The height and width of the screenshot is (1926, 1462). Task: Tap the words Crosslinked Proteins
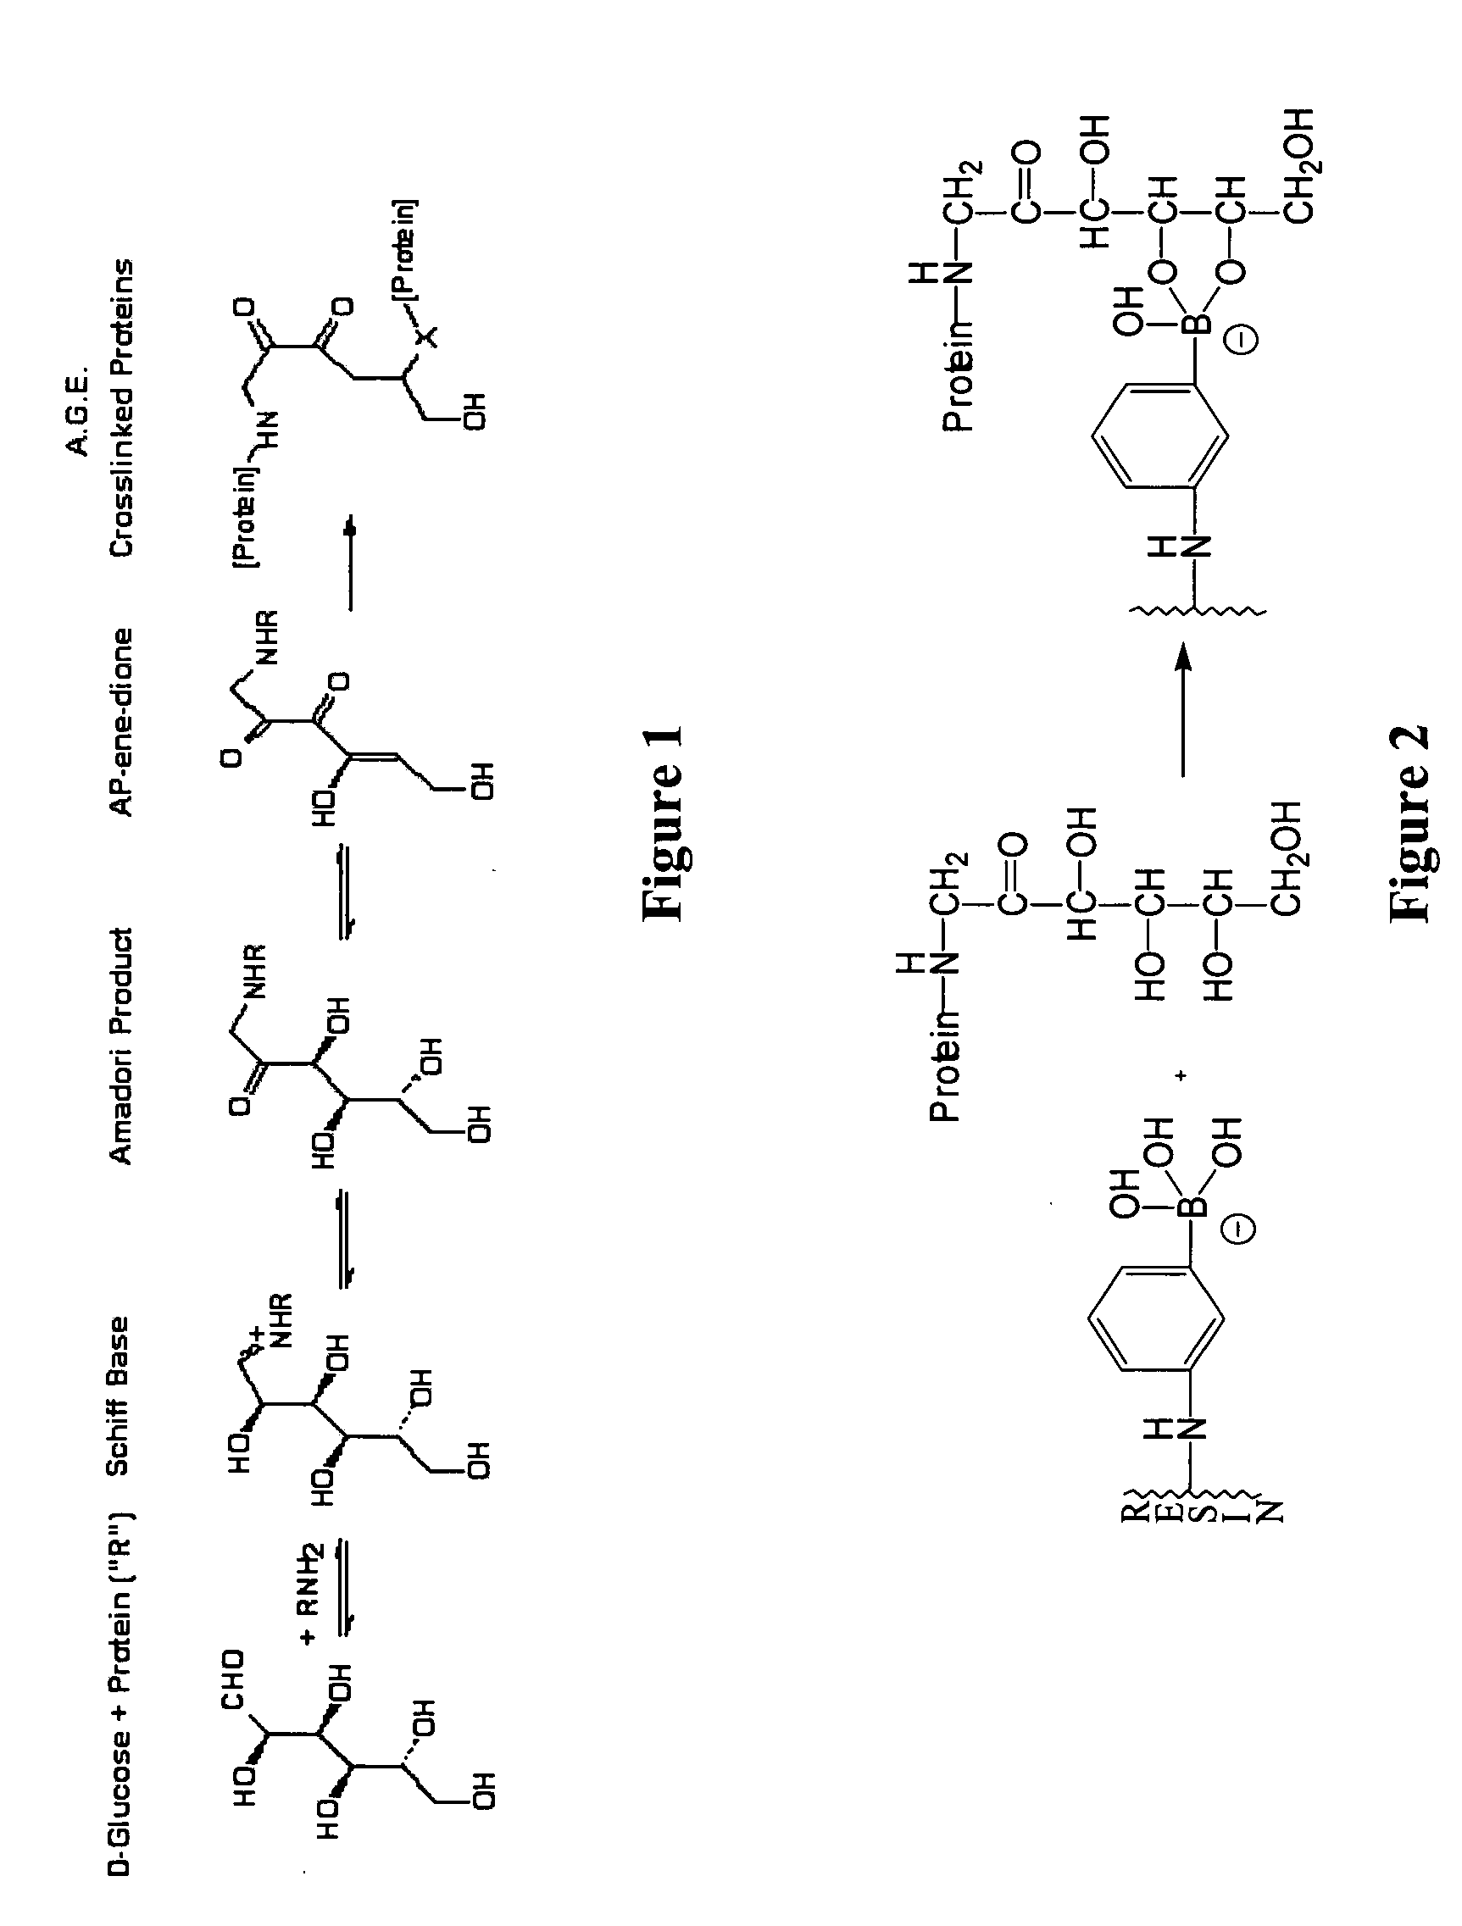click(x=122, y=407)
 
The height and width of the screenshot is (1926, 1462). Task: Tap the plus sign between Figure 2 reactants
click(x=1181, y=1076)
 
